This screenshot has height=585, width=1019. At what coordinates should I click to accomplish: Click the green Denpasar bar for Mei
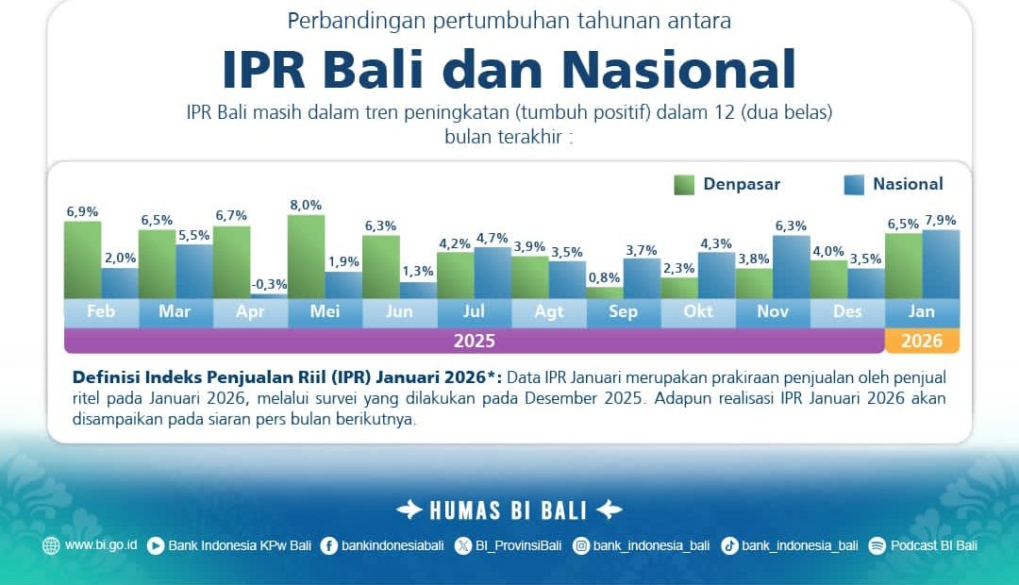pyautogui.click(x=306, y=257)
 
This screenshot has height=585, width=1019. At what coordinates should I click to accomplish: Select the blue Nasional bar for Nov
pyautogui.click(x=792, y=267)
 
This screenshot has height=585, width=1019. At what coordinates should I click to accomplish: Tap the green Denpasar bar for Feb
pyautogui.click(x=82, y=260)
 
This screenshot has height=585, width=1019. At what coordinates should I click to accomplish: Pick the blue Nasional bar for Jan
pyautogui.click(x=941, y=264)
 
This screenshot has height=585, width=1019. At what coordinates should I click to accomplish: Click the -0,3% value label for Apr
pyautogui.click(x=269, y=284)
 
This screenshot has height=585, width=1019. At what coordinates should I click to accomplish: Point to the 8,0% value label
pyautogui.click(x=306, y=205)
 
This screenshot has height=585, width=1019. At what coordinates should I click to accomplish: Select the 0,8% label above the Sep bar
pyautogui.click(x=605, y=277)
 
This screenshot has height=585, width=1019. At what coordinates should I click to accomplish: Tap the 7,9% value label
pyautogui.click(x=941, y=221)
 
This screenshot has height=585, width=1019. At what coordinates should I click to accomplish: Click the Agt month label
pyautogui.click(x=549, y=311)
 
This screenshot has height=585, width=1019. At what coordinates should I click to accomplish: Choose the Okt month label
pyautogui.click(x=698, y=311)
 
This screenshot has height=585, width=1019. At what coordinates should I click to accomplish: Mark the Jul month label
pyautogui.click(x=474, y=311)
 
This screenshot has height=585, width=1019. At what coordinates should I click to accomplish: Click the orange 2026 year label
pyautogui.click(x=922, y=341)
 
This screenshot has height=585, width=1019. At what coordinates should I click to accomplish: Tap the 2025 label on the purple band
pyautogui.click(x=475, y=341)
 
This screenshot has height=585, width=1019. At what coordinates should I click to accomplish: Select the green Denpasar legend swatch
pyautogui.click(x=684, y=185)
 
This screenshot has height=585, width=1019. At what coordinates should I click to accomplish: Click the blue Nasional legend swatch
pyautogui.click(x=854, y=185)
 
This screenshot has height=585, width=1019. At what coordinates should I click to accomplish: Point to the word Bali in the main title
pyautogui.click(x=374, y=69)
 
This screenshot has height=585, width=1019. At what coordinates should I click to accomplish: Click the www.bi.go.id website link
pyautogui.click(x=101, y=544)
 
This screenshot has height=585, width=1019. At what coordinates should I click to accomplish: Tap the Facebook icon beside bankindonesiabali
pyautogui.click(x=329, y=546)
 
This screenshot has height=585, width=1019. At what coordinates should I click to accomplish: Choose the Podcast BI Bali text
pyautogui.click(x=934, y=545)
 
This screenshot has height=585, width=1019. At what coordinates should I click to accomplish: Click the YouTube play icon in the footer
pyautogui.click(x=156, y=546)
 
